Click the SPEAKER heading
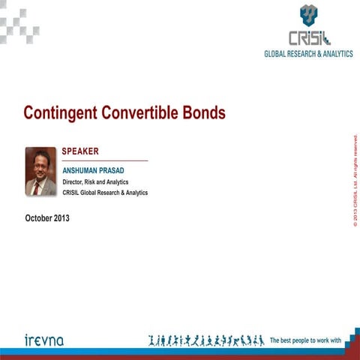[80, 151]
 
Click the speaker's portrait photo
[40, 172]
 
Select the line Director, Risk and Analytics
[95, 181]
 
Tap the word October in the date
[39, 218]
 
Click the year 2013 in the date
[67, 218]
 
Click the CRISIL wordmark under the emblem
[308, 37]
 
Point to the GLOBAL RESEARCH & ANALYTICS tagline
[307, 54]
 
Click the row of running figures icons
[206, 340]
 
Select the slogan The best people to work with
[305, 340]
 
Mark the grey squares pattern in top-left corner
[18, 18]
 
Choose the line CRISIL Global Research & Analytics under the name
[105, 193]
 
